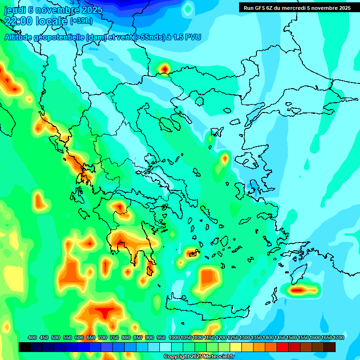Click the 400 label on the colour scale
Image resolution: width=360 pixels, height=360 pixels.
32,337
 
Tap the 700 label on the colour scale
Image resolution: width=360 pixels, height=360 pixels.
103,337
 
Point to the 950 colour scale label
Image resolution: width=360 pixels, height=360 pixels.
161,337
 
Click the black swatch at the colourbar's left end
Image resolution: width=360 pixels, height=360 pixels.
25,347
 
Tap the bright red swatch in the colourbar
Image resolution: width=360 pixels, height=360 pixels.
283,347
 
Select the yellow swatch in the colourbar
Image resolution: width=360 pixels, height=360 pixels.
236,347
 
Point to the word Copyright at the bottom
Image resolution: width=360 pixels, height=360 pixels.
177,357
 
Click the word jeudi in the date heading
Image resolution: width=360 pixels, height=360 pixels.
15,10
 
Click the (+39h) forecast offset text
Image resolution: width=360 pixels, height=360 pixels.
81,21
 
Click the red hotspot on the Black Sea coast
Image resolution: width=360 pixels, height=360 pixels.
165,69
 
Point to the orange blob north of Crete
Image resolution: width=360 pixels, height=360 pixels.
207,277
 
